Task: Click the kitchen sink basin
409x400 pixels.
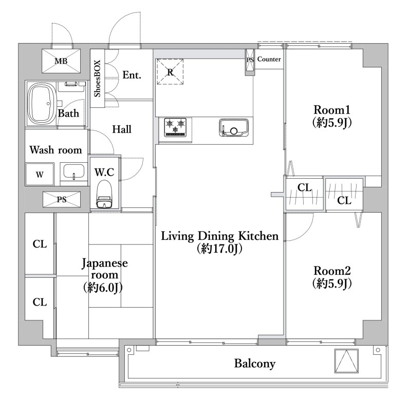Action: click(234, 127)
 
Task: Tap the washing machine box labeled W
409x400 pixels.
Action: click(40, 174)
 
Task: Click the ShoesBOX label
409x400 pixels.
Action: click(97, 79)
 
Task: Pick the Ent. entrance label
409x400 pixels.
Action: click(132, 75)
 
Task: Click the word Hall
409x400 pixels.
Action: click(122, 129)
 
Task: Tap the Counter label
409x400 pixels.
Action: click(269, 60)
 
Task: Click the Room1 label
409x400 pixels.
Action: click(332, 109)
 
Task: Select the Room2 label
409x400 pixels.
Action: click(332, 271)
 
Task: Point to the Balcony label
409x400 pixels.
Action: click(255, 364)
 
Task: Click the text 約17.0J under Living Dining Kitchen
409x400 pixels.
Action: click(219, 250)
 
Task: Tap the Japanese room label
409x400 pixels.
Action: click(105, 270)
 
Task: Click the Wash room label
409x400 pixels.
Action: click(55, 150)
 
